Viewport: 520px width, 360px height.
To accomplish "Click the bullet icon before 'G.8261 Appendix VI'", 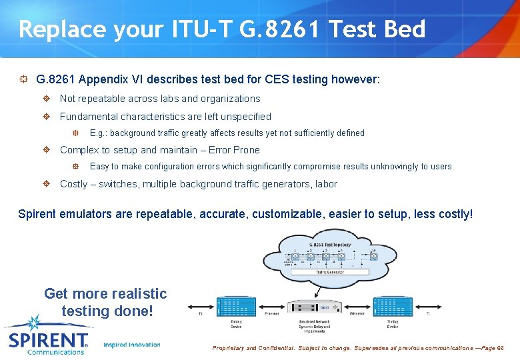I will tap(23, 79).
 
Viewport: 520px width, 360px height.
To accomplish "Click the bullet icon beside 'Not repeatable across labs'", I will tap(46, 99).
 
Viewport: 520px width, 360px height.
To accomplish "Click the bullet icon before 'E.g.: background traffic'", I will tap(76, 133).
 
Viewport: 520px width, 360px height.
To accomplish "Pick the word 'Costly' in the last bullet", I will tap(75, 184).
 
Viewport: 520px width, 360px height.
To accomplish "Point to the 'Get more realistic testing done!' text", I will tap(105, 302).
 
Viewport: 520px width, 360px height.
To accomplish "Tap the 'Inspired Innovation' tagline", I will tap(132, 345).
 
